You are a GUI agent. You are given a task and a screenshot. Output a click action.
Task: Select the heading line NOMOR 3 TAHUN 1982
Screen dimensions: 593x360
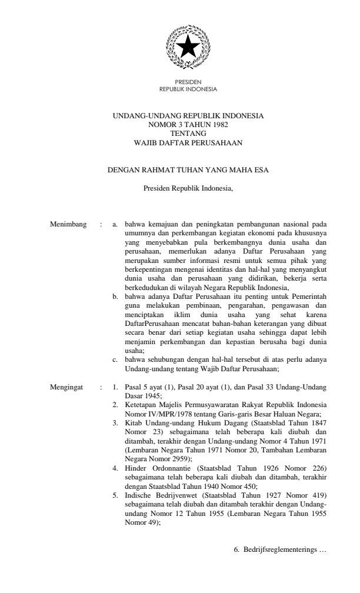tap(188, 125)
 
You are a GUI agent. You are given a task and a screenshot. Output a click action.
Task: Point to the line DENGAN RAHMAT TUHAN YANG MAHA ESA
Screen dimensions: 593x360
tap(188, 172)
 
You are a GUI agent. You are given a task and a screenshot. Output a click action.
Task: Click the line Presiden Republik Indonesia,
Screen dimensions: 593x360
tap(188, 189)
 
